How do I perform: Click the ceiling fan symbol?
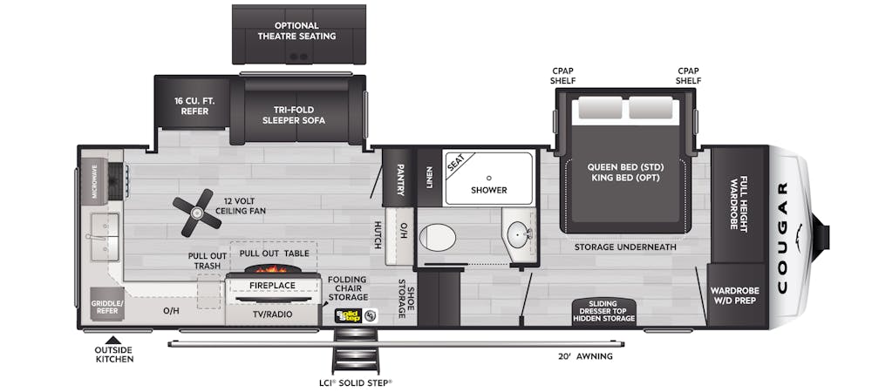coord(197,212)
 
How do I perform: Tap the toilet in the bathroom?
coord(438,237)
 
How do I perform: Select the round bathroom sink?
coord(519,233)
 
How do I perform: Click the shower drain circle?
coord(489,179)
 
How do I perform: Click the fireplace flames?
coord(271,268)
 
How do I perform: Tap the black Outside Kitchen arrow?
coord(113,340)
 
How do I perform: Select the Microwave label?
coord(94,181)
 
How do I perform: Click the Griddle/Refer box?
coord(107,304)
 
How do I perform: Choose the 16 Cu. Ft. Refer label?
coord(194,106)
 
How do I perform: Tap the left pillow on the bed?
coord(600,107)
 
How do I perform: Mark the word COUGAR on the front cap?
coord(782,237)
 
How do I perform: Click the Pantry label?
coord(400,179)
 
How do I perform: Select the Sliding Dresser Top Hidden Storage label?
coord(603,311)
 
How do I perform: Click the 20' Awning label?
coord(586,356)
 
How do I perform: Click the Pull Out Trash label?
coord(207,261)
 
